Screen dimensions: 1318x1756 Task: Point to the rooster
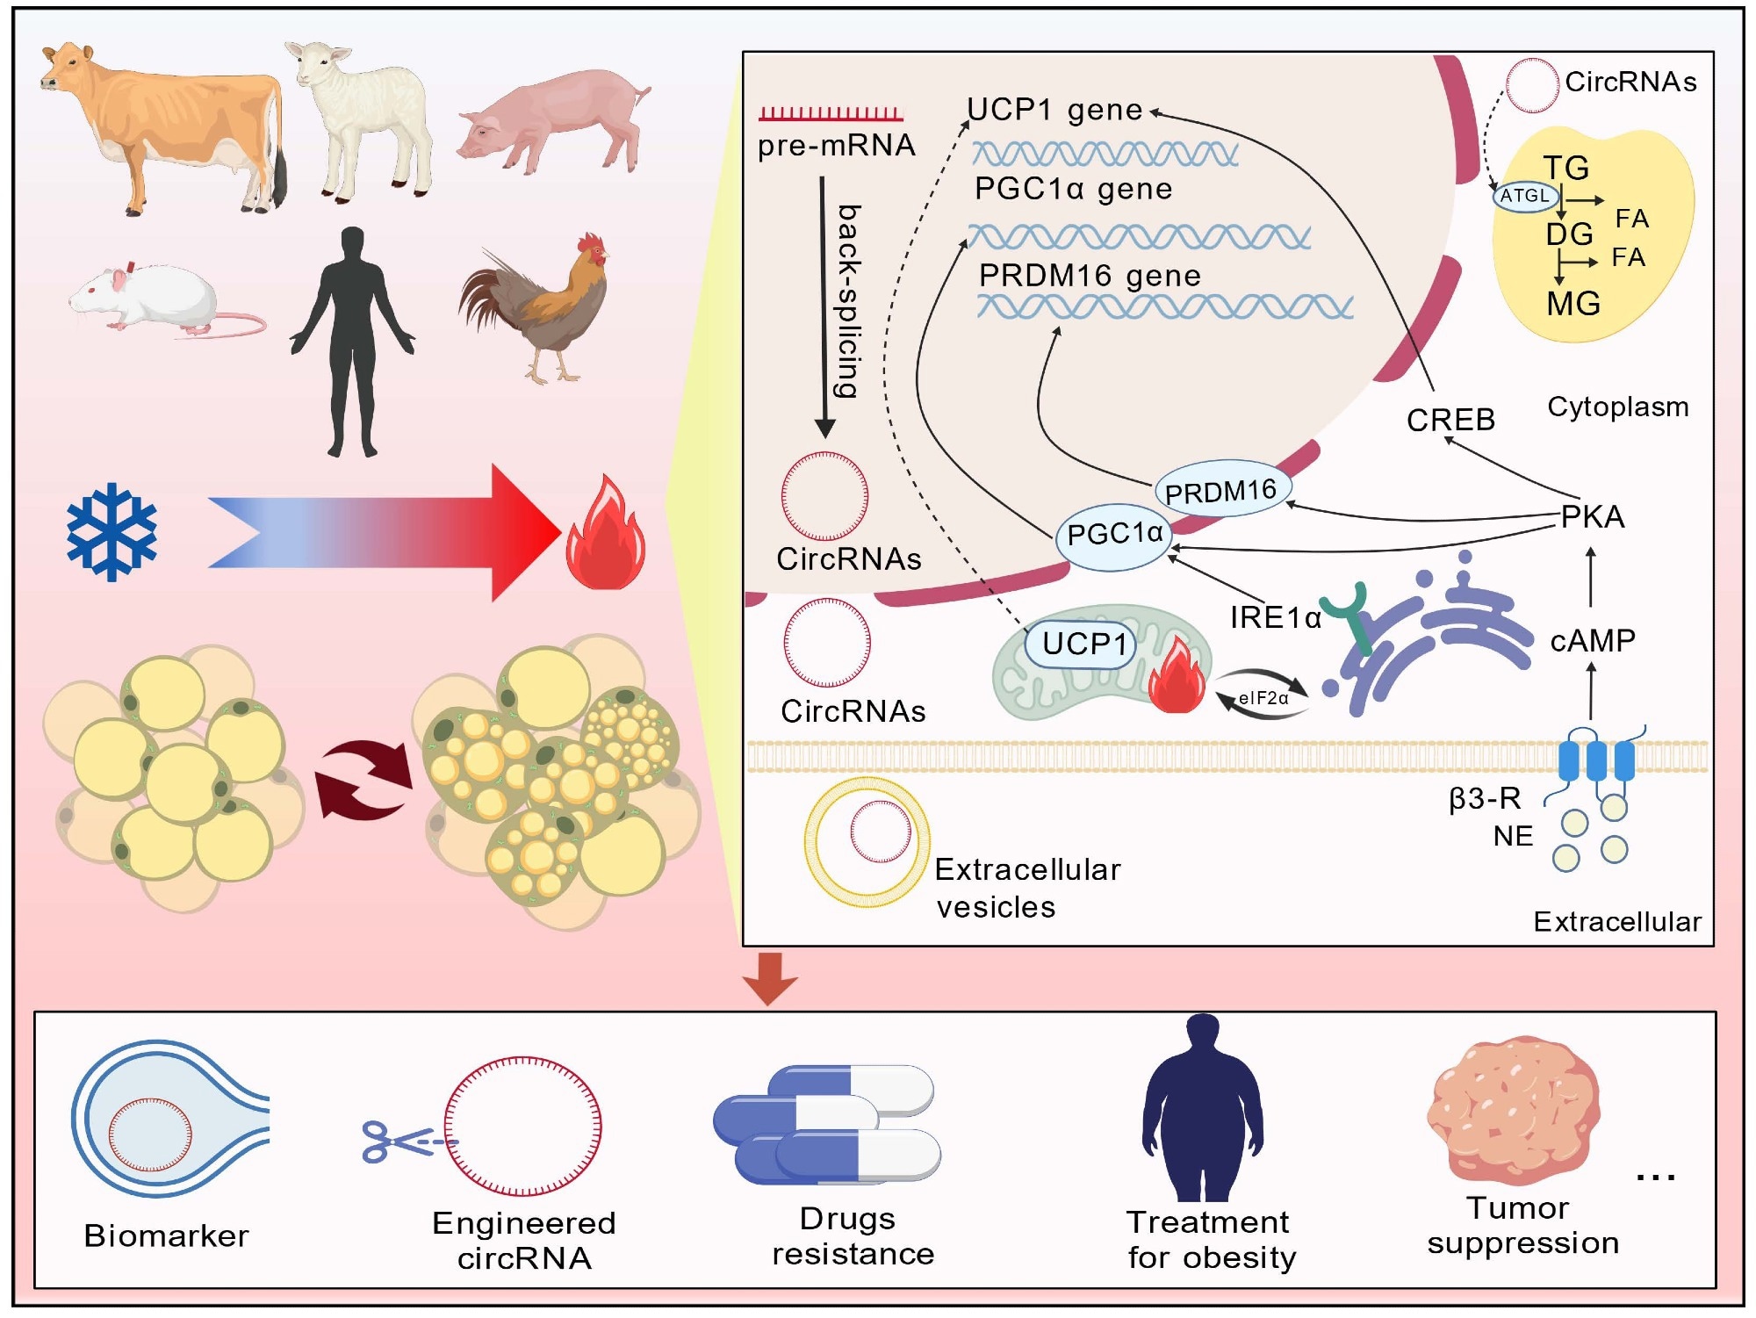(x=544, y=307)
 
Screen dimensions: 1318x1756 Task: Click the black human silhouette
(x=352, y=342)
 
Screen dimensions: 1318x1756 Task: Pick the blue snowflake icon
(x=112, y=531)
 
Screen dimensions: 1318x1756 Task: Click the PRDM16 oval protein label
(x=1220, y=491)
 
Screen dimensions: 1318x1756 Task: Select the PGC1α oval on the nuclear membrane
(x=1113, y=534)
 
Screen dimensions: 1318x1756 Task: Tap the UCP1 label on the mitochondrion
(x=1083, y=645)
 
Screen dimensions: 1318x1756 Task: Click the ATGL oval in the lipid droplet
(x=1525, y=196)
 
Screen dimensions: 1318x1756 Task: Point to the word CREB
(x=1450, y=420)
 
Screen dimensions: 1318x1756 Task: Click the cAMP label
(x=1592, y=641)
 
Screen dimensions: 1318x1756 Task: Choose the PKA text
(x=1592, y=517)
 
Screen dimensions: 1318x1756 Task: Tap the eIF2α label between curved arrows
(x=1263, y=698)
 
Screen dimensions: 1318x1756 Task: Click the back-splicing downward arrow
(x=824, y=307)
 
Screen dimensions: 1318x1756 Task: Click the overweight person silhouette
(x=1203, y=1111)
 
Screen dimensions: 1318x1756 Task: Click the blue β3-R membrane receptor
(x=1595, y=760)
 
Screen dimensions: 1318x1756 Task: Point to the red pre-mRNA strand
(x=831, y=113)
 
